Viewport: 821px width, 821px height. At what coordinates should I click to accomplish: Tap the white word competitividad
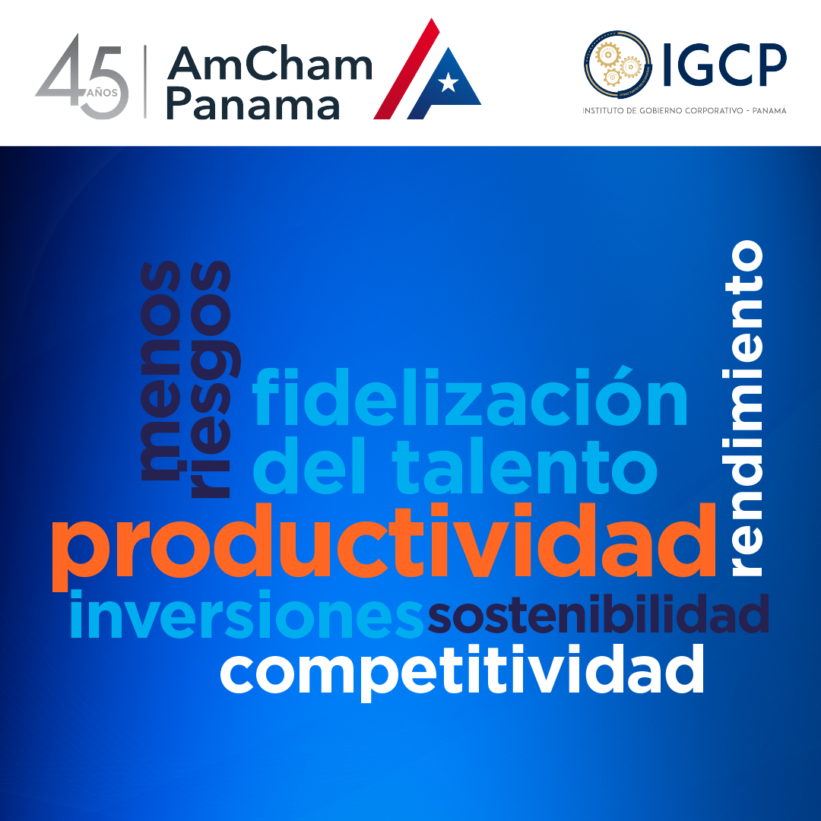point(462,672)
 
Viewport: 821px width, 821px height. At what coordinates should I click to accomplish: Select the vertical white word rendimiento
point(744,408)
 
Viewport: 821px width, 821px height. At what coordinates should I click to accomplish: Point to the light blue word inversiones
point(246,613)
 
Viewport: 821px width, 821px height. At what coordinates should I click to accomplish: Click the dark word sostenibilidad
point(598,613)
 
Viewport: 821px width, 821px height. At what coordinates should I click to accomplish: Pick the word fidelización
point(471,396)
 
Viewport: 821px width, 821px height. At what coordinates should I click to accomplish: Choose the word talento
point(526,467)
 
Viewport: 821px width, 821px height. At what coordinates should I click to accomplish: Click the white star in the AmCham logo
point(449,82)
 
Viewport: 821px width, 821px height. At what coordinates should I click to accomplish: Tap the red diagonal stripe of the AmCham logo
point(406,69)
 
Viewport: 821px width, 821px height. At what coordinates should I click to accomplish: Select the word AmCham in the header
point(270,63)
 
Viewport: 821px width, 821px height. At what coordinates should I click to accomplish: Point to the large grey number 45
point(82,76)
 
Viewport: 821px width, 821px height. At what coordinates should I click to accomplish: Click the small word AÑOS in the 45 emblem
point(102,93)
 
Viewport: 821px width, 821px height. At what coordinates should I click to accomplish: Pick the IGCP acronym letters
point(724,65)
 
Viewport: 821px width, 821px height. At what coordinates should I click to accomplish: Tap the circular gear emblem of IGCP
point(618,65)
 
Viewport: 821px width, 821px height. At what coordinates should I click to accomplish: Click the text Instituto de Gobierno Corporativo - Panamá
point(684,110)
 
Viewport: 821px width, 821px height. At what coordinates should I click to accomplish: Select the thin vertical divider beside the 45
point(145,81)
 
